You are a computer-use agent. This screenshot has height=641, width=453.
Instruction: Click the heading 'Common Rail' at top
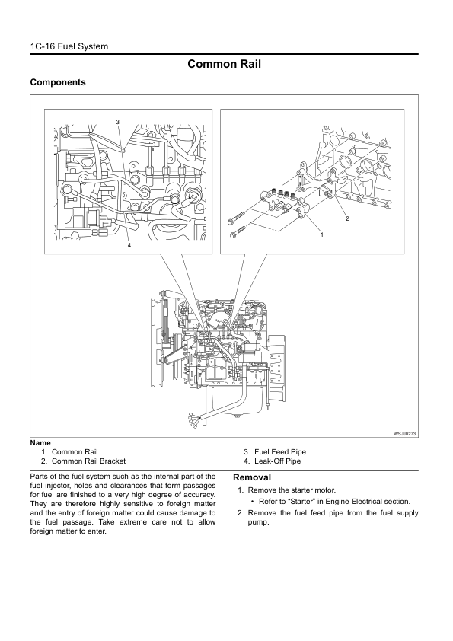[224, 64]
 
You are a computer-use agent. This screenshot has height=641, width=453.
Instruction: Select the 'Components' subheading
[58, 82]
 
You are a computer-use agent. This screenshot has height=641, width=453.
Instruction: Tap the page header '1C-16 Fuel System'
[69, 46]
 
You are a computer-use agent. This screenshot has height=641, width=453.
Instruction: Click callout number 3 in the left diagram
[118, 122]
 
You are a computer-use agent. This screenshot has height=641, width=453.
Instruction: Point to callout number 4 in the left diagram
[129, 245]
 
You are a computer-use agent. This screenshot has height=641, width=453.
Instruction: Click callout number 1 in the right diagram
[322, 234]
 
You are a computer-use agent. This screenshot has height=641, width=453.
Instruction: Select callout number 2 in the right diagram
[347, 218]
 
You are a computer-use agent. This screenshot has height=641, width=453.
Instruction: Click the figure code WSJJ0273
[405, 434]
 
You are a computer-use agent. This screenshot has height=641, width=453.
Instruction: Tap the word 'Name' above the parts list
[40, 443]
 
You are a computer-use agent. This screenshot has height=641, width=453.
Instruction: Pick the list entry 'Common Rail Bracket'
[89, 461]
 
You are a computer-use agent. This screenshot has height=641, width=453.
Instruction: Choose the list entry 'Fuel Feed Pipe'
[280, 452]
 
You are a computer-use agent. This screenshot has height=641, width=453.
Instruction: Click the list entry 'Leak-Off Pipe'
[278, 461]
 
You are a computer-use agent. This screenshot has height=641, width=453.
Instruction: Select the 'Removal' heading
[252, 477]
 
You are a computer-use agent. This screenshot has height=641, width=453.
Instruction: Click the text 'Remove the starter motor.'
[292, 490]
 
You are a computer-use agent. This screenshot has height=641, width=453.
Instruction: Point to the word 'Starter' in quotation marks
[301, 502]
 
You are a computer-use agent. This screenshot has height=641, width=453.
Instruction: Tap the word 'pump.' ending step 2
[259, 522]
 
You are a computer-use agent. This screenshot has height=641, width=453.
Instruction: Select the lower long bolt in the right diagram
[238, 232]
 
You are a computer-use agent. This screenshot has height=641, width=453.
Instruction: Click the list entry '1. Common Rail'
[69, 452]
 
